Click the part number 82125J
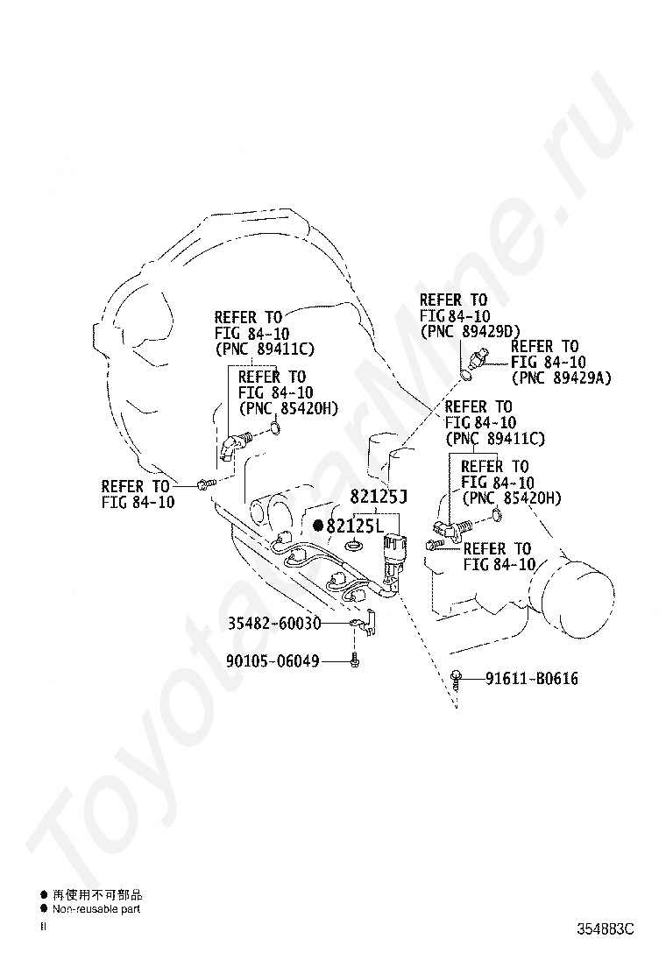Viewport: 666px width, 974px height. point(378,497)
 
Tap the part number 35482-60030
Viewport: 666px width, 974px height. point(274,623)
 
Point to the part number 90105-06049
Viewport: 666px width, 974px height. point(273,660)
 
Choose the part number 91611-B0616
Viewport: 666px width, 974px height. point(532,678)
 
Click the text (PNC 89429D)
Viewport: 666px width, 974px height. point(471,332)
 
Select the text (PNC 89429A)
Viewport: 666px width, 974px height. point(561,378)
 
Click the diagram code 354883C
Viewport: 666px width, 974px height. point(606,929)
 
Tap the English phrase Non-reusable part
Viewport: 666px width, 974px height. point(96,909)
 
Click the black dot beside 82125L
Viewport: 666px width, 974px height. point(318,526)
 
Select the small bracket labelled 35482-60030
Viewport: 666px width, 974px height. point(363,623)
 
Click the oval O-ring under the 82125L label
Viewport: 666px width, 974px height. point(354,546)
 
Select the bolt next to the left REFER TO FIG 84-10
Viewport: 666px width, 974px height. point(206,483)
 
